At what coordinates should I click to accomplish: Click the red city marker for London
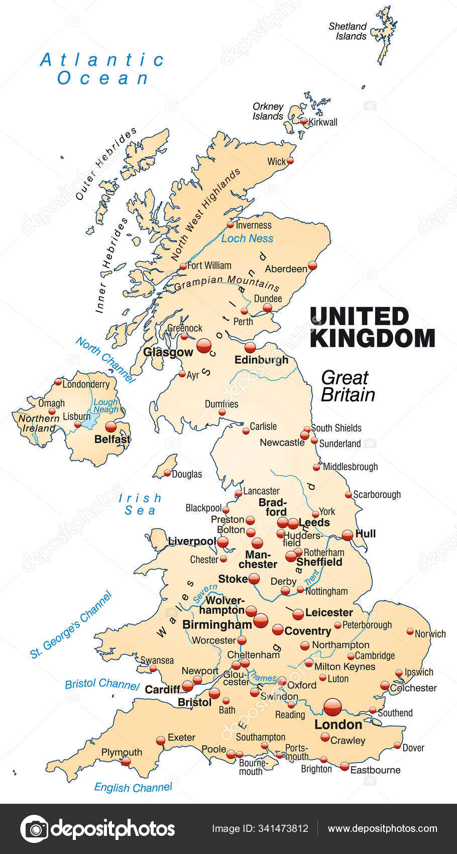[332, 707]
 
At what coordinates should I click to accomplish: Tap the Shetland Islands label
[348, 31]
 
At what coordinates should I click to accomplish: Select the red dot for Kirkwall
[303, 121]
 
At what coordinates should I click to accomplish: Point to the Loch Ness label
[247, 239]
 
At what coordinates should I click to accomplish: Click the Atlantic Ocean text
[102, 69]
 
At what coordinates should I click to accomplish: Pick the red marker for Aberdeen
[312, 265]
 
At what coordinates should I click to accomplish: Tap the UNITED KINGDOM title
[372, 328]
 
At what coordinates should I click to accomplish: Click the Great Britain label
[348, 386]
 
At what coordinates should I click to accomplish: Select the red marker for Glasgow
[204, 345]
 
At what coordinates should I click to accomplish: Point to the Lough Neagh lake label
[105, 405]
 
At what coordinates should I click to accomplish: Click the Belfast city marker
[110, 426]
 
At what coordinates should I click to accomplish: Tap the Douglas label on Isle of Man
[186, 474]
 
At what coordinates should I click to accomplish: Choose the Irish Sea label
[140, 504]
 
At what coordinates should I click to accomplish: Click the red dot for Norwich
[410, 631]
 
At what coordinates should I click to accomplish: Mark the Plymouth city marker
[126, 762]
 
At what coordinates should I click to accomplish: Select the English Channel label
[133, 787]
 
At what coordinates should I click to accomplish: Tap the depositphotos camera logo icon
[34, 829]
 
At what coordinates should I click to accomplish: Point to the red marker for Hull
[348, 535]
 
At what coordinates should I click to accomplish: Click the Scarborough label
[377, 494]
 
